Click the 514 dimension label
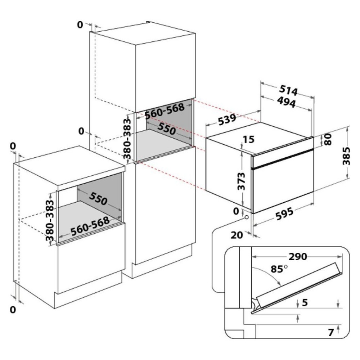point(288,90)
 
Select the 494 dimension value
point(286,102)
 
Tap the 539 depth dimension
point(227,120)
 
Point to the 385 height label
point(346,156)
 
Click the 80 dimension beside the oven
point(328,139)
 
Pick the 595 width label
point(285,214)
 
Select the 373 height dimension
point(241,181)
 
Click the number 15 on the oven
point(248,139)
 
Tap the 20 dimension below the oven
point(237,235)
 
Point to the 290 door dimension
point(298,257)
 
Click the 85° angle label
point(279,269)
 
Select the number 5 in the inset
point(305,303)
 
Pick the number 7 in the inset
point(330,332)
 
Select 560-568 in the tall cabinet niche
point(165,111)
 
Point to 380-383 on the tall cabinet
point(127,139)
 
